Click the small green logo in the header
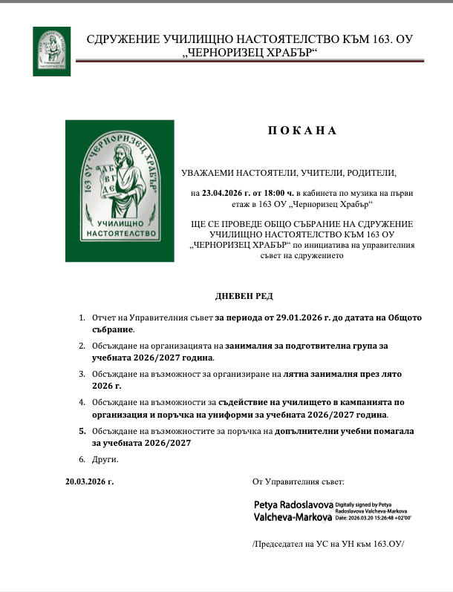[x=52, y=50]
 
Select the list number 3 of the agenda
[x=82, y=375]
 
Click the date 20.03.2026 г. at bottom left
[x=90, y=481]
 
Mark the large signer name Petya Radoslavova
[x=293, y=504]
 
